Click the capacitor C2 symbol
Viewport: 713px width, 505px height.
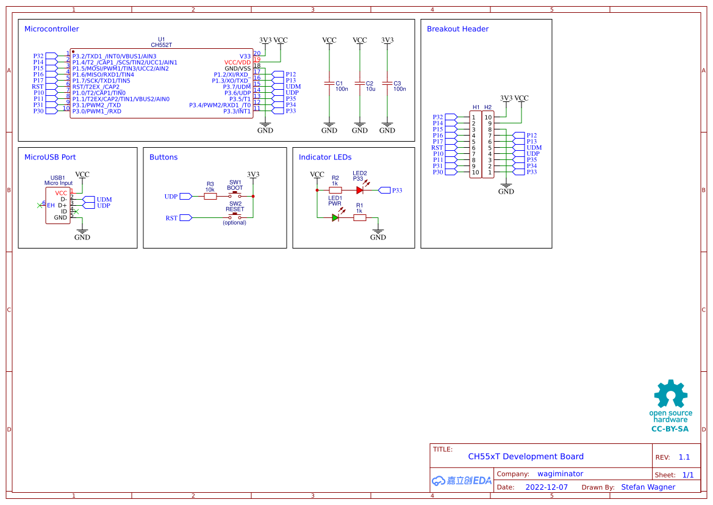click(360, 83)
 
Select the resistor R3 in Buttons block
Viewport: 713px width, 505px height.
click(210, 197)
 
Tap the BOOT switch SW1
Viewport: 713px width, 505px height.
click(235, 195)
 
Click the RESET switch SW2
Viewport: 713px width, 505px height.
click(235, 216)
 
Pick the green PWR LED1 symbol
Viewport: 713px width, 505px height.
click(335, 217)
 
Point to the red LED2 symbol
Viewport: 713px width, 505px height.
click(360, 190)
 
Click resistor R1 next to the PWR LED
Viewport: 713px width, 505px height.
click(360, 217)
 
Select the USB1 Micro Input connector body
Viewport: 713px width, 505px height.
click(58, 206)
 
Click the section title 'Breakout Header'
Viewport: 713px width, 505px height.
click(457, 29)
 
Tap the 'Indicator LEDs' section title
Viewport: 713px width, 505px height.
click(325, 157)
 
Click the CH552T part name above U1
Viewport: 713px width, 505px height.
click(161, 45)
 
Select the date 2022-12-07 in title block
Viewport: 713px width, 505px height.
click(546, 487)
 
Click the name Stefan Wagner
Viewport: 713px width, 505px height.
click(648, 487)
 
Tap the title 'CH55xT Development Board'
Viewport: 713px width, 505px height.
click(525, 456)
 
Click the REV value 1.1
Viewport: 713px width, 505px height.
click(684, 457)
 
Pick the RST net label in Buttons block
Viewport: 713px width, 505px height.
click(172, 218)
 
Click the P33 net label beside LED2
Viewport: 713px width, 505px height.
click(396, 191)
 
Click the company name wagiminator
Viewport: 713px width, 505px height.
click(560, 474)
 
